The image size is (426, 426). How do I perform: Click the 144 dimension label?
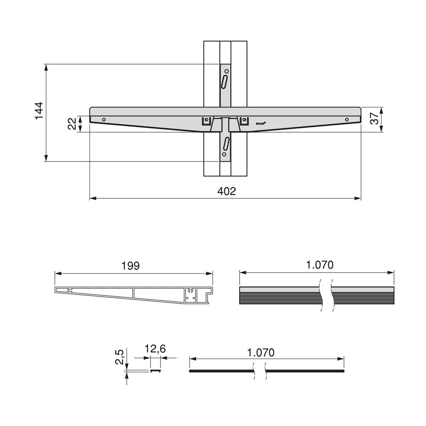point(39,111)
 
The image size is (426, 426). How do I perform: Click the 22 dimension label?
point(72,124)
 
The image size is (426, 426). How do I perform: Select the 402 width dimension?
point(226,191)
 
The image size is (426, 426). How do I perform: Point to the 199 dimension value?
point(131,266)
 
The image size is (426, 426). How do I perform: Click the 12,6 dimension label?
point(155,349)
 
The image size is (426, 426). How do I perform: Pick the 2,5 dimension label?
point(119,357)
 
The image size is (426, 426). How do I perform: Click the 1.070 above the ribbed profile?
point(319,265)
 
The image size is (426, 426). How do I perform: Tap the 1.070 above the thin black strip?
point(261,353)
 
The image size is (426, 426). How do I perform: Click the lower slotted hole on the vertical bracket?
point(225,143)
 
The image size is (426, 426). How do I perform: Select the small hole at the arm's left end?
point(104,120)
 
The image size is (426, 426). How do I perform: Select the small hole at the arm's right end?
point(347,120)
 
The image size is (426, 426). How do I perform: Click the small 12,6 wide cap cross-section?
point(155,370)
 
